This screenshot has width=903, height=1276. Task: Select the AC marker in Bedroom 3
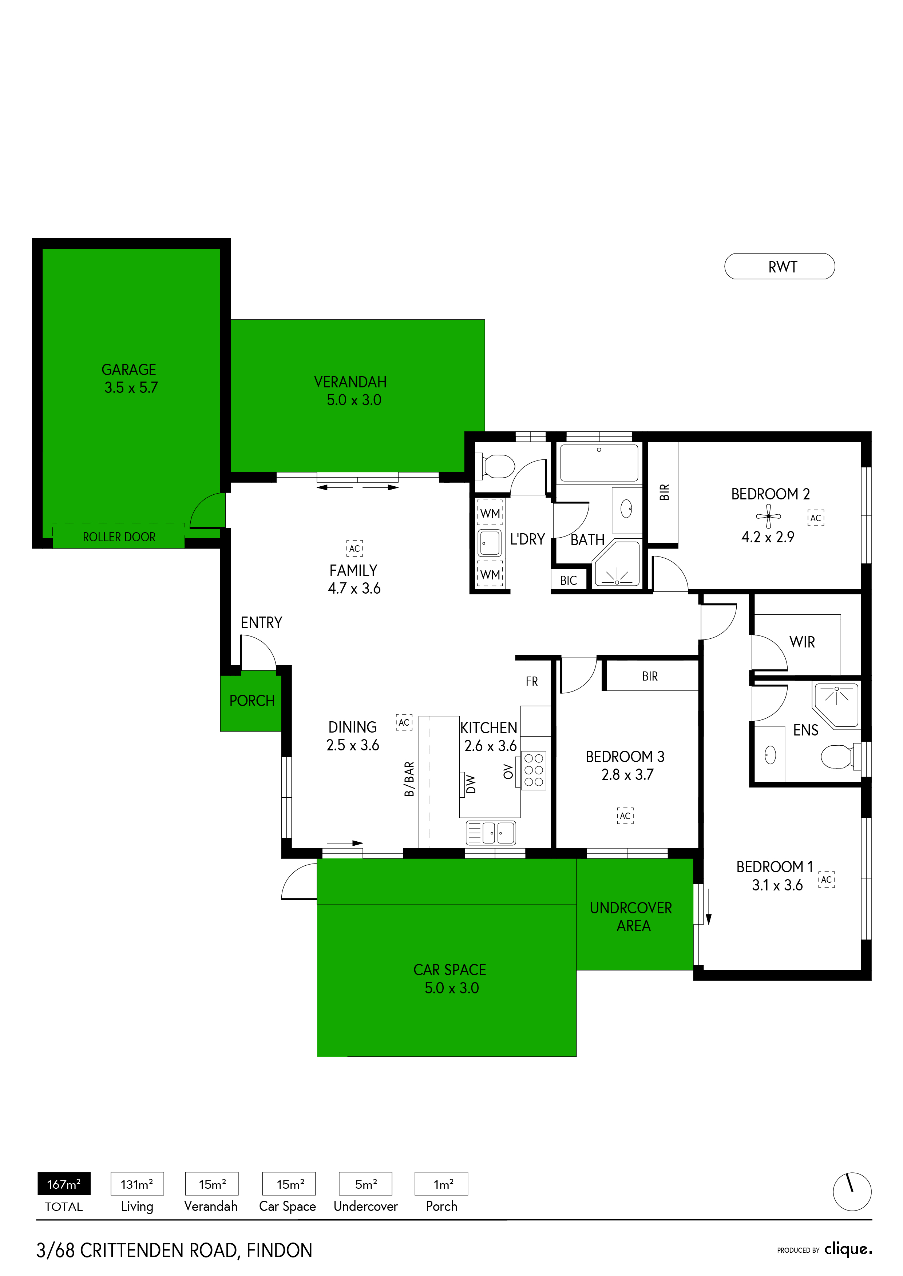(x=625, y=816)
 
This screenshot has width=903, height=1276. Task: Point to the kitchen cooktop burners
(x=534, y=770)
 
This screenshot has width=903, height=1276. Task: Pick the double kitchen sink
(x=491, y=833)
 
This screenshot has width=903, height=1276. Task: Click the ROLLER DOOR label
(x=119, y=537)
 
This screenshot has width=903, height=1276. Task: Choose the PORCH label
(x=252, y=701)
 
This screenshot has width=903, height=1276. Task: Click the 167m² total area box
(x=64, y=1184)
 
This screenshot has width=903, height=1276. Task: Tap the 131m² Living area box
(x=137, y=1184)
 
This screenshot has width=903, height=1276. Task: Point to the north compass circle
(x=852, y=1192)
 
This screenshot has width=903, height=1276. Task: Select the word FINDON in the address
(x=279, y=1251)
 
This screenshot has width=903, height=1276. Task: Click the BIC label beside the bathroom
(x=568, y=581)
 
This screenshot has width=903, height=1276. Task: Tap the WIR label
(x=802, y=642)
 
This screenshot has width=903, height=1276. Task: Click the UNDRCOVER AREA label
(x=631, y=917)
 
